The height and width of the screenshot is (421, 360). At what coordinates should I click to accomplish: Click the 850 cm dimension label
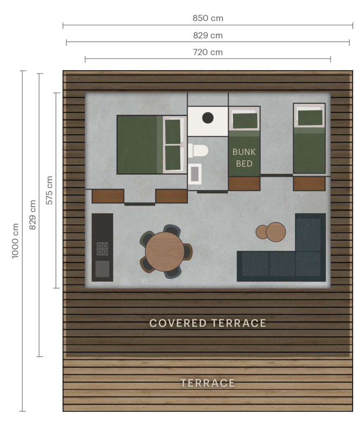pos(208,19)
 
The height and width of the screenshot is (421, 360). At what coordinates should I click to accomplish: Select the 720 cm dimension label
pos(208,53)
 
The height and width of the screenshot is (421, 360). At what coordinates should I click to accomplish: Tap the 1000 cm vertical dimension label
pos(15,241)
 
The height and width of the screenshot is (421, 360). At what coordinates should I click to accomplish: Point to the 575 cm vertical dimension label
pos(49,190)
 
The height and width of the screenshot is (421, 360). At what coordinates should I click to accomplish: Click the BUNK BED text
pos(244,157)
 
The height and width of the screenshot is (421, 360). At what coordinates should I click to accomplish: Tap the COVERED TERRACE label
pos(208,323)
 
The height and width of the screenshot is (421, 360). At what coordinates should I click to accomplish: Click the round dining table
pos(165,252)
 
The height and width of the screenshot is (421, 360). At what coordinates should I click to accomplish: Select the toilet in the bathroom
pos(199,150)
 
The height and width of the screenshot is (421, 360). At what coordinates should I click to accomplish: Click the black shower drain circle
pos(208,118)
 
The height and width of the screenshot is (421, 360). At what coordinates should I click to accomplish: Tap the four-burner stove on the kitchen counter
pos(102,249)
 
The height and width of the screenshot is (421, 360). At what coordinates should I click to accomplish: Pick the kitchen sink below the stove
pos(102,269)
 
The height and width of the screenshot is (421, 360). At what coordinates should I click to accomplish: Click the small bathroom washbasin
pos(195,174)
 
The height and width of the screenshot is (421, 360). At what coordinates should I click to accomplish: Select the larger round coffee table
pos(276,232)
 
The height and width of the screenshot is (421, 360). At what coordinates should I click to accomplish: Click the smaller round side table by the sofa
pos(262,232)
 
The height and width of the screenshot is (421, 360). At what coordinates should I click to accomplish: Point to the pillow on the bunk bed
pos(245,120)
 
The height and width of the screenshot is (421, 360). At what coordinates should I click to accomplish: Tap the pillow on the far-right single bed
pos(310,117)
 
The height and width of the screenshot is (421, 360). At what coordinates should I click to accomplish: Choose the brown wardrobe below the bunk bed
pos(244,184)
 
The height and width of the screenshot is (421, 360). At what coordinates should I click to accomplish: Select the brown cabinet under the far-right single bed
pos(309,184)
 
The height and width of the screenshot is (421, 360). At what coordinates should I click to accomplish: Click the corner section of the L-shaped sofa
pos(308,264)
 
